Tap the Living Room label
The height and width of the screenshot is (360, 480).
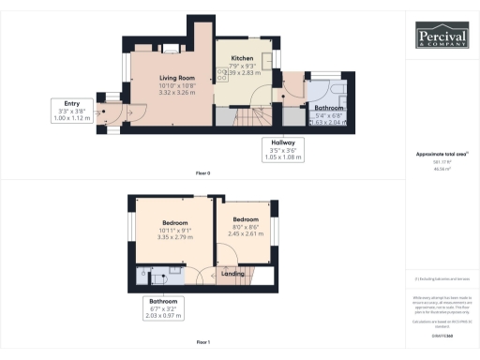[x=176, y=78]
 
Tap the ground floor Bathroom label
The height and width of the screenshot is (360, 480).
[x=329, y=108]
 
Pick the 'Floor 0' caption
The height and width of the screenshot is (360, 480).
[x=202, y=173]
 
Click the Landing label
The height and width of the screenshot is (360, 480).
[x=232, y=274]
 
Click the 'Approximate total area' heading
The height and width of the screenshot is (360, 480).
[x=442, y=154]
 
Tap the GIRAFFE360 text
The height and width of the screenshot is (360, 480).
[x=442, y=322]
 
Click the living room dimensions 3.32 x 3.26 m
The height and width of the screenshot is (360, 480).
[x=176, y=93]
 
